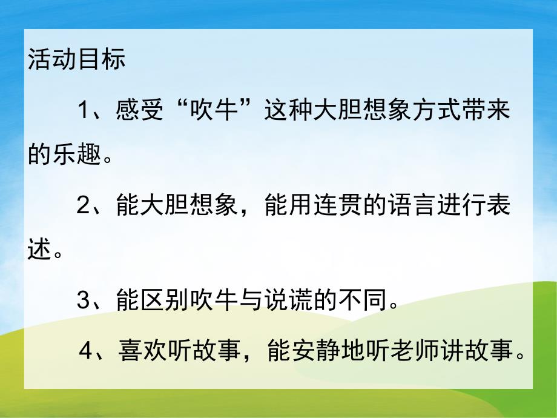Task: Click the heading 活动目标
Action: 77,61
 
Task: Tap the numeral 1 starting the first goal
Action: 84,113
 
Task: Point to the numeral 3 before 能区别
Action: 84,300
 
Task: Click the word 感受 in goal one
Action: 139,113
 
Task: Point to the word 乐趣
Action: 77,155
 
